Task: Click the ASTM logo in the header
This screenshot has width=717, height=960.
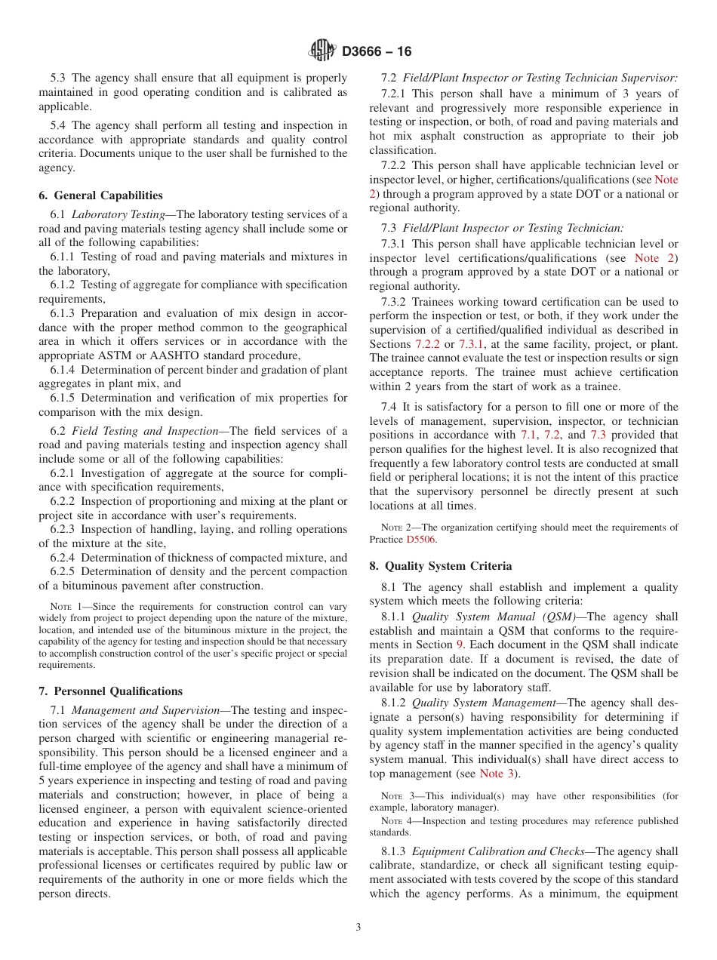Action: [x=322, y=51]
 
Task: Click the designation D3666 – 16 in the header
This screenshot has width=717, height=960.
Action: [x=377, y=52]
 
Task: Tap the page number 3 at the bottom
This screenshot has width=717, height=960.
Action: [x=358, y=928]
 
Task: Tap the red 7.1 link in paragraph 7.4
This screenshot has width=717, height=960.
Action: [x=528, y=435]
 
